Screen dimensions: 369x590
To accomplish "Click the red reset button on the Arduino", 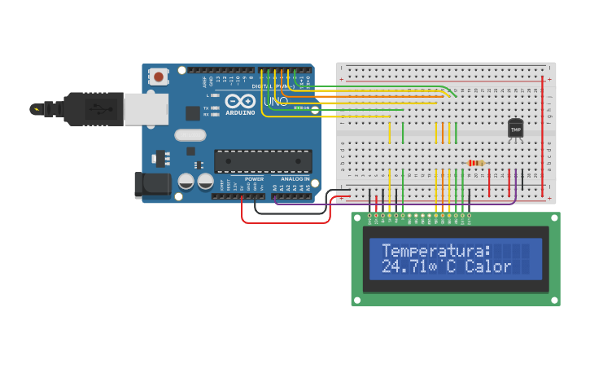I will pos(159,77).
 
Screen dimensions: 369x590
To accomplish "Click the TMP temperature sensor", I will pos(515,129).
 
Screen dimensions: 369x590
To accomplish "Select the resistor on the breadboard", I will pos(476,163).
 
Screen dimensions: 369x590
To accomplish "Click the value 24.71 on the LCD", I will pos(405,267).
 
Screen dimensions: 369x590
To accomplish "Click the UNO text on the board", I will pos(277,101).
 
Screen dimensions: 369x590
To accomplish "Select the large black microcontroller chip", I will pos(262,160).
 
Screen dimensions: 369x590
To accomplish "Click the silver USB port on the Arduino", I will pos(146,108).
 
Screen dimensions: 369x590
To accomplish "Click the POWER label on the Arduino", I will pos(254,178).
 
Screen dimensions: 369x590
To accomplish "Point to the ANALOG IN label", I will pos(295,178).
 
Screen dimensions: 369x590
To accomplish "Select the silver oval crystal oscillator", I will pos(190,135).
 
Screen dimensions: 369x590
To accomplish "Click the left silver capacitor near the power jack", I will pos(186,181).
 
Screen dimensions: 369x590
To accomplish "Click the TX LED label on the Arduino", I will pos(206,108).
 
